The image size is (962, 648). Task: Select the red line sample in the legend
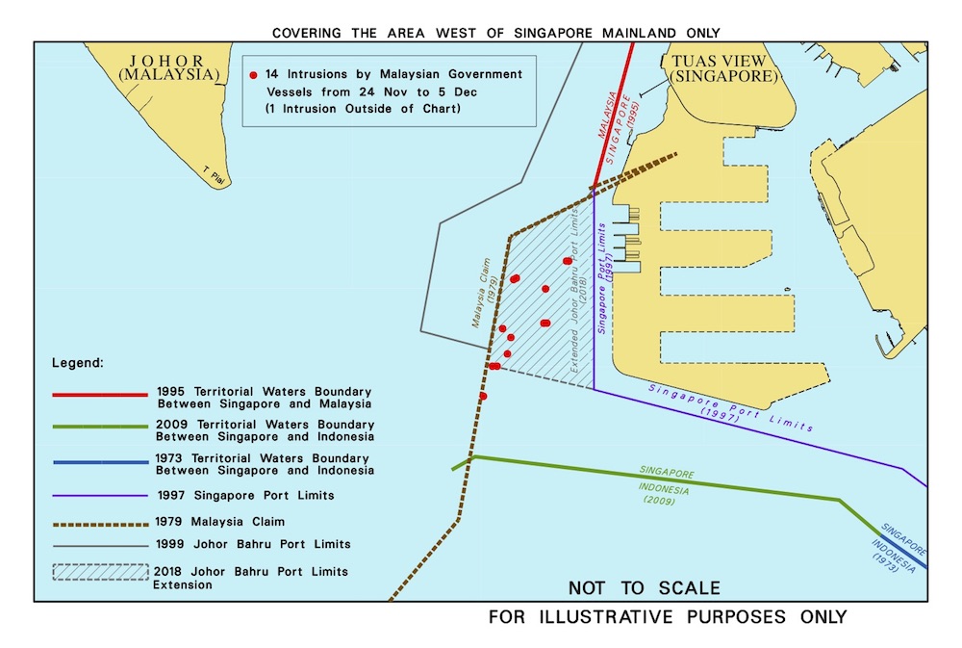point(101,395)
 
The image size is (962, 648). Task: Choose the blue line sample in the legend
point(101,463)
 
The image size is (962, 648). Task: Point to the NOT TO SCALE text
point(644,587)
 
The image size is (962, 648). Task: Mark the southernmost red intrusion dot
point(483,396)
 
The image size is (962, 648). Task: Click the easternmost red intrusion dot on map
point(567,260)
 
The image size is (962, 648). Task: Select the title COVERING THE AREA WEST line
point(495,33)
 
